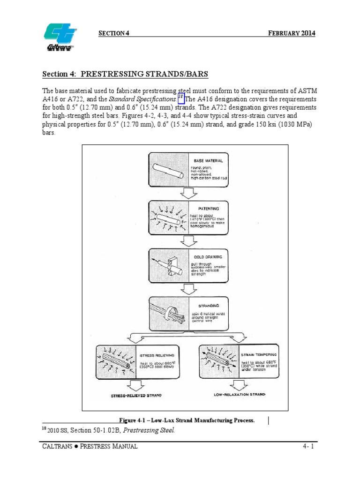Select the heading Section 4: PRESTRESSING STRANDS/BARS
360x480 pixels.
125,74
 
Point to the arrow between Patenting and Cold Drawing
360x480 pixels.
188,240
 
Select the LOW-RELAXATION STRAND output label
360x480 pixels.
239,395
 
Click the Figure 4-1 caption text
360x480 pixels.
187,420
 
